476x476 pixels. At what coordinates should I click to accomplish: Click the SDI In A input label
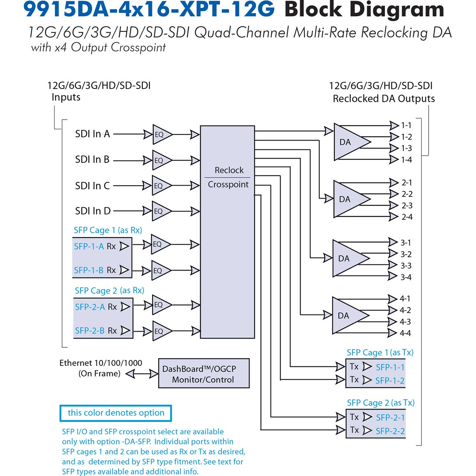[x=92, y=134]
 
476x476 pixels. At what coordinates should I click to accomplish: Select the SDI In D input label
[x=93, y=211]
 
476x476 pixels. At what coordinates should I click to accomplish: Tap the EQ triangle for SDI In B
[x=161, y=160]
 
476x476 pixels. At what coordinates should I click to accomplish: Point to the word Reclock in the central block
[x=229, y=170]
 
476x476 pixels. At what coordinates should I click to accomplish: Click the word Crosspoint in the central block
[x=228, y=184]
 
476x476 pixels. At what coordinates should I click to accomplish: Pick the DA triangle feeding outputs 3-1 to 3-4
[x=351, y=258]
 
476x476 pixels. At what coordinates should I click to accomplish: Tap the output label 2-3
[x=407, y=206]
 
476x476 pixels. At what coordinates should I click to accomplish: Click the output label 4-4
[x=405, y=333]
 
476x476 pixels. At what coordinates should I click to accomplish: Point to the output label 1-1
[x=406, y=125]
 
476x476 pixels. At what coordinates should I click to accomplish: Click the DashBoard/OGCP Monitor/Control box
[x=204, y=373]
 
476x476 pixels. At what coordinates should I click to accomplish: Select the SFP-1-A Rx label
[x=95, y=246]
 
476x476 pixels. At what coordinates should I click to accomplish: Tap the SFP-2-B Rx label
[x=96, y=331]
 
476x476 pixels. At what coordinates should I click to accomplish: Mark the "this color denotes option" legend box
[x=116, y=413]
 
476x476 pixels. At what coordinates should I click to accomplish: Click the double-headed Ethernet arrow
[x=142, y=374]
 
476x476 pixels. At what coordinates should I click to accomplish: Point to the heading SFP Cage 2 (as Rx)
[x=109, y=290]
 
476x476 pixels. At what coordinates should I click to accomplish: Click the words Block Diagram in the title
[x=364, y=10]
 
